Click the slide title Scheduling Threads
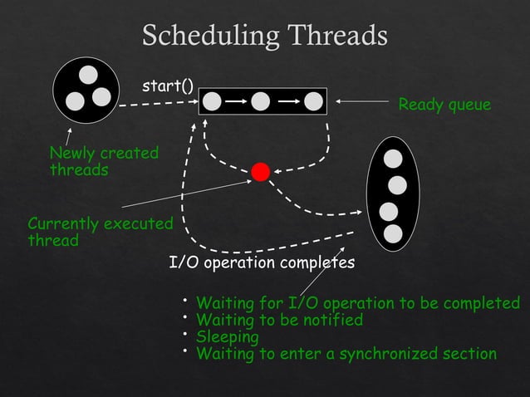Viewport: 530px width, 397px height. [x=265, y=36]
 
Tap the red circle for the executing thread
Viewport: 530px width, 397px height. [x=261, y=172]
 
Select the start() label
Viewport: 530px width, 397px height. [x=168, y=86]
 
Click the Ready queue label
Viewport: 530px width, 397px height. [x=444, y=105]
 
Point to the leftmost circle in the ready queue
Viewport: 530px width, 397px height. [x=212, y=101]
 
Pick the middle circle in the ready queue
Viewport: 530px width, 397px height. [x=261, y=101]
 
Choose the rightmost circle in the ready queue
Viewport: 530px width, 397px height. [x=312, y=101]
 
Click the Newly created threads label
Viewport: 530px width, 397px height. [x=103, y=161]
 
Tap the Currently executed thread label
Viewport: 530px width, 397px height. [x=100, y=233]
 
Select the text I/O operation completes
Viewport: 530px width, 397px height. [x=262, y=263]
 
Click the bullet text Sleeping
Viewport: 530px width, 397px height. [x=227, y=337]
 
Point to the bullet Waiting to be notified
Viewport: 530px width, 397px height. [x=279, y=320]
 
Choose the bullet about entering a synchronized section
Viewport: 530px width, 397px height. [x=346, y=355]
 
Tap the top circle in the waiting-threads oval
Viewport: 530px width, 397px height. [x=393, y=158]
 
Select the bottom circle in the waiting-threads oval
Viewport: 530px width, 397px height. [x=393, y=234]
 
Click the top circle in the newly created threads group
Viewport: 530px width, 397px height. [x=87, y=73]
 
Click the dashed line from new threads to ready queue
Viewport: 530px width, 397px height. [x=158, y=104]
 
